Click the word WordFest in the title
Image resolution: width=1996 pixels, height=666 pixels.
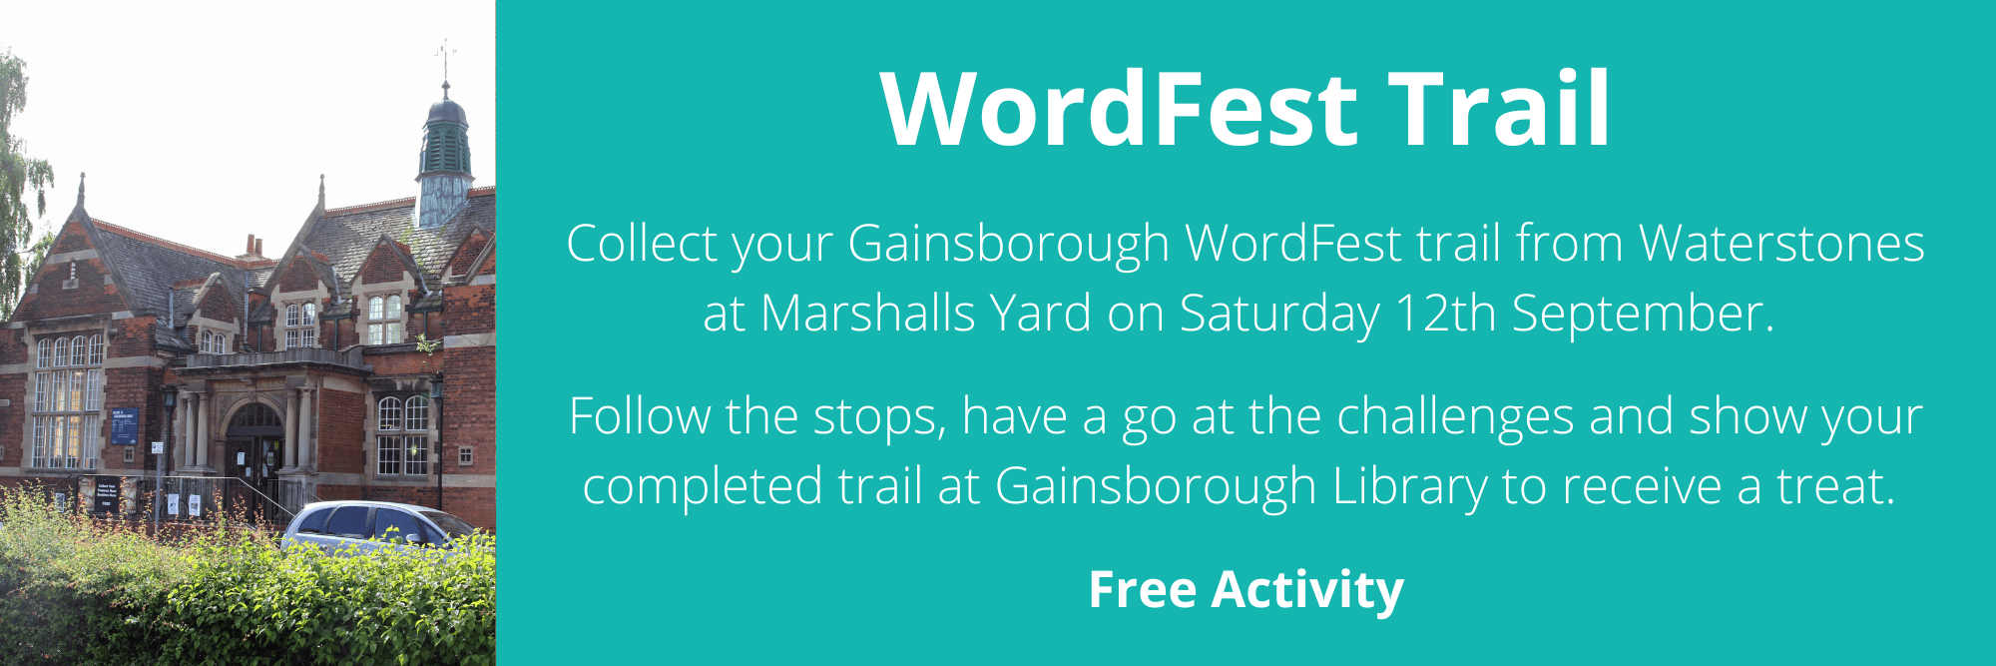click(1119, 109)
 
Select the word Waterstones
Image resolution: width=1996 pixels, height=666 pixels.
click(1781, 244)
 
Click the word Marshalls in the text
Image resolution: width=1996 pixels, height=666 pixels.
click(867, 314)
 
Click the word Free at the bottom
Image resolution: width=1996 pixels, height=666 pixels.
click(1142, 589)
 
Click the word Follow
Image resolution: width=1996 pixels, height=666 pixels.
click(639, 416)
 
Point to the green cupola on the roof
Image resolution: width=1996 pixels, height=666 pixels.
click(445, 150)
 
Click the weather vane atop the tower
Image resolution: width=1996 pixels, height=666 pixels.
click(445, 60)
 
